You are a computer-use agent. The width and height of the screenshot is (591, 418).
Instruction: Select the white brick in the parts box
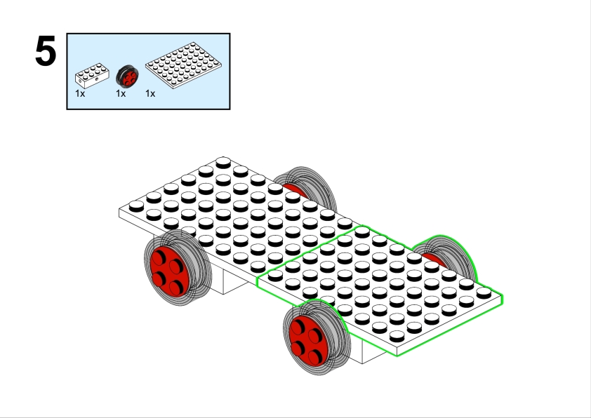coord(92,75)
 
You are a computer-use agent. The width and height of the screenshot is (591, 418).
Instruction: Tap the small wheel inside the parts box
coord(127,76)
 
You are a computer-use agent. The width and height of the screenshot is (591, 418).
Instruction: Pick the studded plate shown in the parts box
coord(184,65)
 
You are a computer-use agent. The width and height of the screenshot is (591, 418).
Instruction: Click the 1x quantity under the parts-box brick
coord(80,93)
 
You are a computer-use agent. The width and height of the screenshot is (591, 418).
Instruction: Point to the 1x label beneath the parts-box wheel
coord(121,93)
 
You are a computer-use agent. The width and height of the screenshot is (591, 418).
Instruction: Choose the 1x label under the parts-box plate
coord(150,93)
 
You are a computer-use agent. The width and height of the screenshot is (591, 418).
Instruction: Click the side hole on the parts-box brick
coord(97,79)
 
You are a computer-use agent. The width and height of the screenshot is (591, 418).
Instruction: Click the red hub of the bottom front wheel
coord(309,341)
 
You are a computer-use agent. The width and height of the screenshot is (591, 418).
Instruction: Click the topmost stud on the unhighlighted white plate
coord(223,162)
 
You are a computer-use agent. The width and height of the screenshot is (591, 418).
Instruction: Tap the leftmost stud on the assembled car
coord(136,206)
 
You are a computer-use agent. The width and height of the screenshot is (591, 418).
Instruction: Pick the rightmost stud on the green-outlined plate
coord(484,292)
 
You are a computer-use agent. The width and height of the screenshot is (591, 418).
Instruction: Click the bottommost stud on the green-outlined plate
coord(397,336)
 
